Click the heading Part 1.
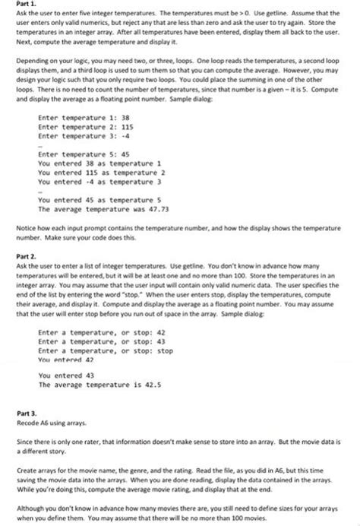click(27, 5)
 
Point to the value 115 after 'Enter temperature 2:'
click(131, 127)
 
